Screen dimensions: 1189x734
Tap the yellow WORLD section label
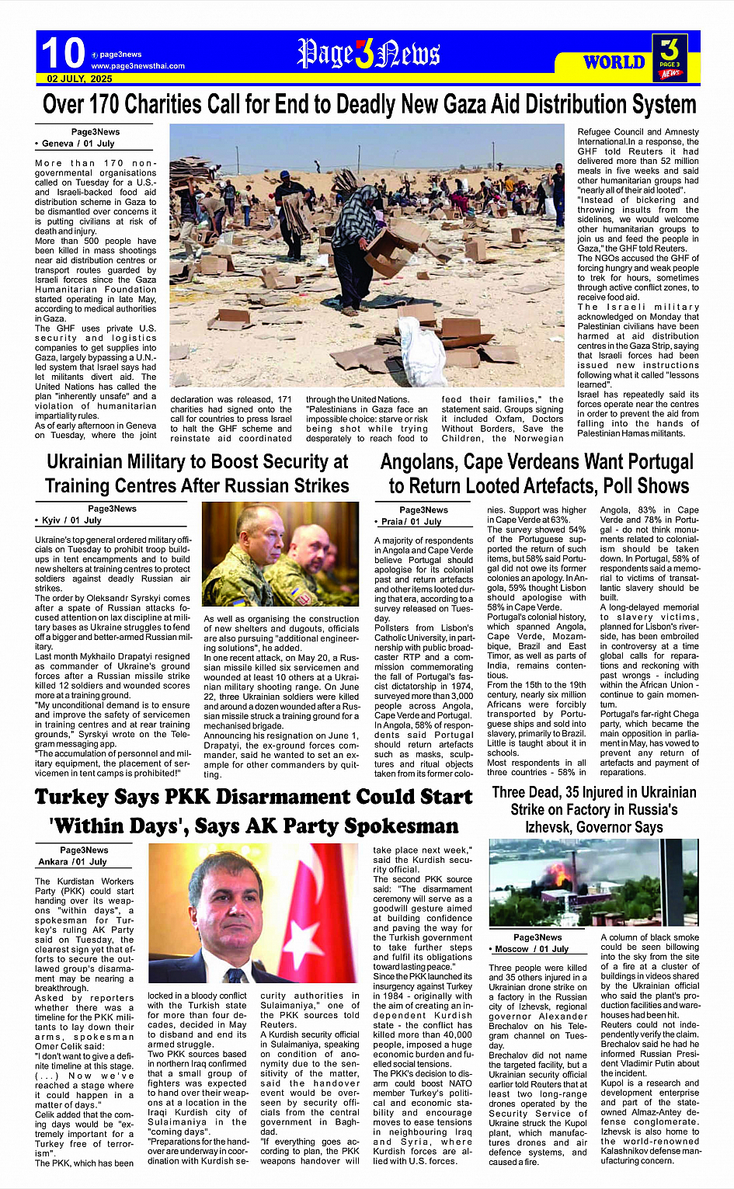coord(614,62)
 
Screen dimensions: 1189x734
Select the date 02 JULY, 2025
coord(79,79)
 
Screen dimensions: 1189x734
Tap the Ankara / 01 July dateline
coord(72,862)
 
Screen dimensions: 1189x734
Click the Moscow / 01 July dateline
coord(530,949)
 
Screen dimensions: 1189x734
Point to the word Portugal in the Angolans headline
coord(651,461)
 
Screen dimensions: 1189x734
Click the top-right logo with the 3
coord(670,56)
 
